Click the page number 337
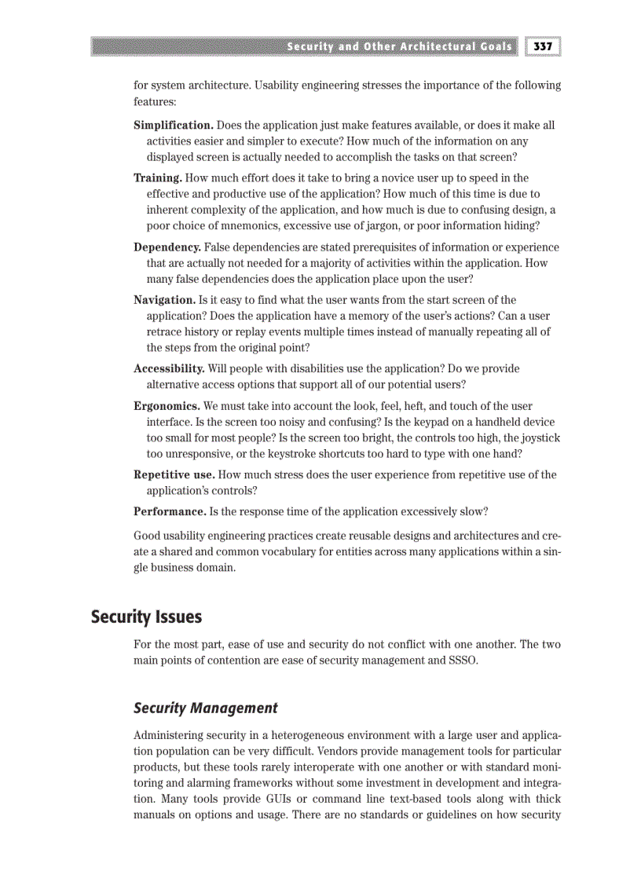[543, 46]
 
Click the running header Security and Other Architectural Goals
[399, 46]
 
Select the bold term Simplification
[173, 126]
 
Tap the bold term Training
[158, 178]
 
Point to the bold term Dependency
[167, 247]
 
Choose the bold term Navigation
[164, 300]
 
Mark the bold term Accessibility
[169, 368]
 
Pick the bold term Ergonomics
[167, 406]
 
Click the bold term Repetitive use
[174, 474]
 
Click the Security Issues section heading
[146, 617]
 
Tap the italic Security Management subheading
[205, 708]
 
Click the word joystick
[541, 437]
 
